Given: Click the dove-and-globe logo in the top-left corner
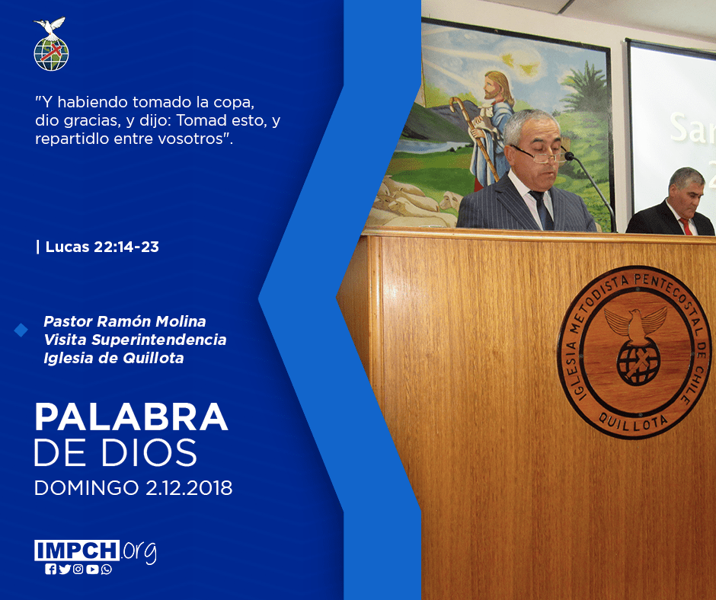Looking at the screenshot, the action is (51, 44).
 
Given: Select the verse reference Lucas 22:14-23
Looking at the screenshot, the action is (102, 247).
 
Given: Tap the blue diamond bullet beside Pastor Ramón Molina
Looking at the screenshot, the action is (21, 330).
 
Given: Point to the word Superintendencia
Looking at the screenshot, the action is (159, 340).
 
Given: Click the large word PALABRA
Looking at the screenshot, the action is (132, 416).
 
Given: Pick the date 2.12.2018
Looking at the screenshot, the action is (189, 488).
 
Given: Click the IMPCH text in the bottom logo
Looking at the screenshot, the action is (77, 551).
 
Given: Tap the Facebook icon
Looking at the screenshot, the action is (50, 570).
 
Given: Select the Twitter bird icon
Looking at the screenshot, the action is (65, 570).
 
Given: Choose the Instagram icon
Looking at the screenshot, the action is (78, 570).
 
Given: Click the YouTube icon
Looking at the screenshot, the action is (92, 570).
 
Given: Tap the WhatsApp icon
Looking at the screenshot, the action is (107, 570).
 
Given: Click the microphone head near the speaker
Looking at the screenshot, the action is (570, 156).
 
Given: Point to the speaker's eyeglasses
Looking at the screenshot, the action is (539, 155).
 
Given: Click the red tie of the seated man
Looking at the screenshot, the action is (686, 226).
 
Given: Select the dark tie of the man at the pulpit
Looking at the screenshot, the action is (542, 209).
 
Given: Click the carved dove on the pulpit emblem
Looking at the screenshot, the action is (635, 322).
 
